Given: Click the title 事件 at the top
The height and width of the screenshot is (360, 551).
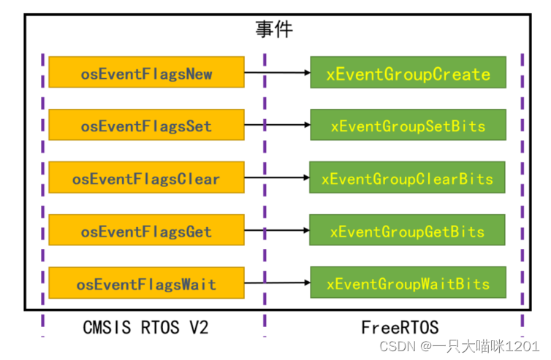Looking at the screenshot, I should [274, 29].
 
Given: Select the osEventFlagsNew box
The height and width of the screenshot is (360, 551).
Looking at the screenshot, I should [146, 73].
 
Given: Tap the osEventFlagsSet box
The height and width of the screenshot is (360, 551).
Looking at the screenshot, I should [146, 126].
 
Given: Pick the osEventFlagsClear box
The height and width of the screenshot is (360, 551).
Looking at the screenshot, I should [146, 178].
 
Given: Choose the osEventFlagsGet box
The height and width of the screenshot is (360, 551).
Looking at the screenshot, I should [146, 231].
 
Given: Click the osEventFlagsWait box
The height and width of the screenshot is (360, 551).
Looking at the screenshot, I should [146, 284].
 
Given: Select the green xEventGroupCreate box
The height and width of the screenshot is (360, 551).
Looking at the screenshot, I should [408, 74].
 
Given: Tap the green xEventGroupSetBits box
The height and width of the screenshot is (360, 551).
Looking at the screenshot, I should [408, 126].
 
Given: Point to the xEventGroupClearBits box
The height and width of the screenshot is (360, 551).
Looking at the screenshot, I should [408, 178].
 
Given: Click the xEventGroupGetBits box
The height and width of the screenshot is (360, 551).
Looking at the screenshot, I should [408, 231].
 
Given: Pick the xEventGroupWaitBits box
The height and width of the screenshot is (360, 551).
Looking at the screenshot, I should [408, 283].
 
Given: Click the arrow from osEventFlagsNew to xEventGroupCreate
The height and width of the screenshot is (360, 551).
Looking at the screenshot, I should [277, 73].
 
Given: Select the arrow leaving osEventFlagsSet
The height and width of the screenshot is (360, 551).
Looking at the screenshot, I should [277, 126].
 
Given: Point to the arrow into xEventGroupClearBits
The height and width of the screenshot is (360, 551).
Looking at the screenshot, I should [277, 178].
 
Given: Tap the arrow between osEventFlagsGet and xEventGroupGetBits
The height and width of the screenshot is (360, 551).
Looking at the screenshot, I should [277, 231].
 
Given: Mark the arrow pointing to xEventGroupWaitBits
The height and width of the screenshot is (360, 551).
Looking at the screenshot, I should [277, 283].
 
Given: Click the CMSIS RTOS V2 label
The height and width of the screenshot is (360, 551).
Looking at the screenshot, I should [145, 328].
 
